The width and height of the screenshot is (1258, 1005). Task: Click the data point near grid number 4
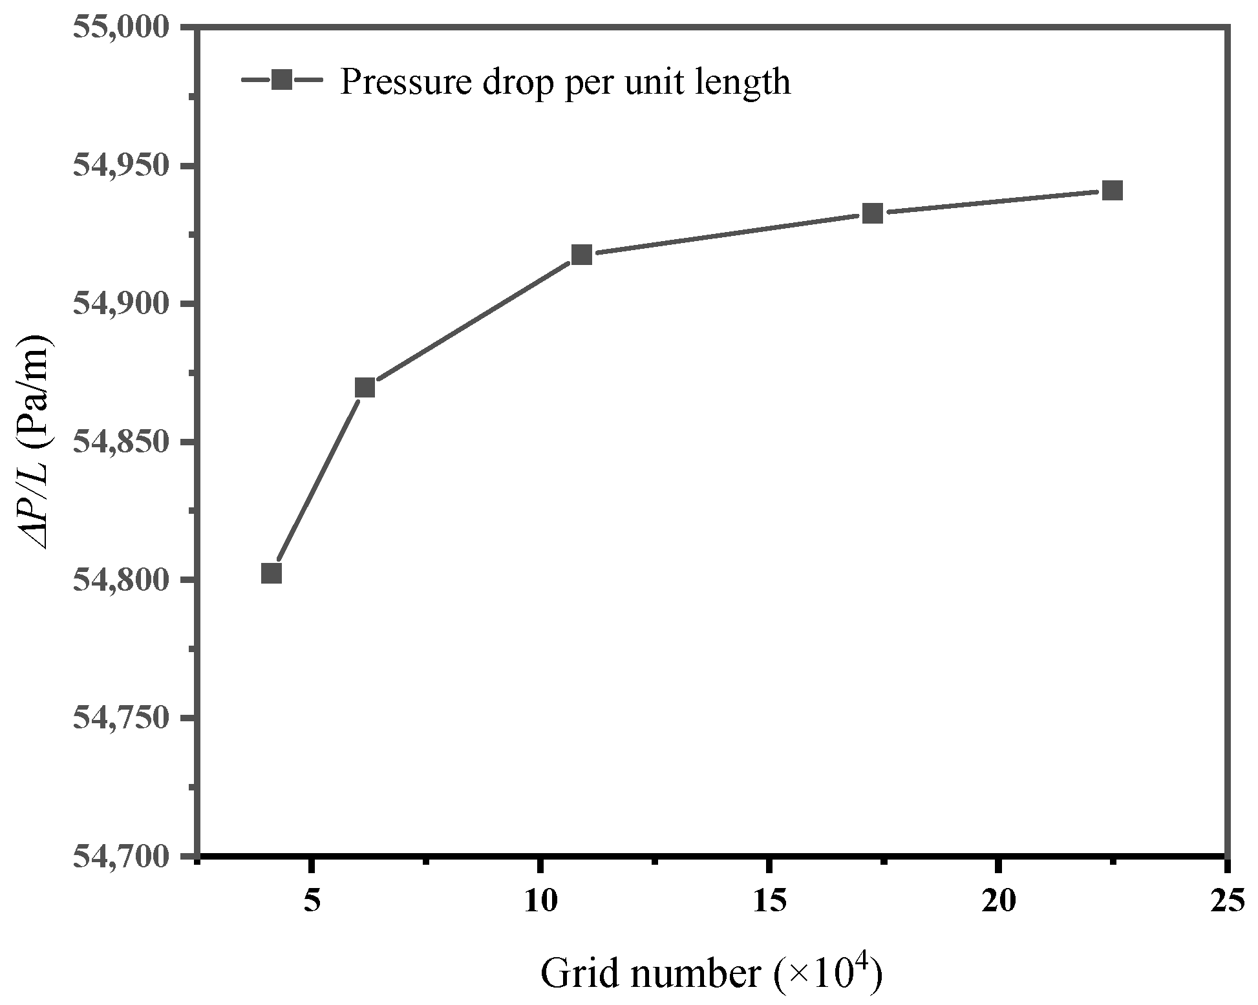(x=272, y=573)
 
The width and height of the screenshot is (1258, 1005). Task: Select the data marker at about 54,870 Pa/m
(x=365, y=388)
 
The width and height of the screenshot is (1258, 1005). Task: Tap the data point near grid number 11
(x=582, y=255)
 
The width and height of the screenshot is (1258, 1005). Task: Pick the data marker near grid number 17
(x=873, y=213)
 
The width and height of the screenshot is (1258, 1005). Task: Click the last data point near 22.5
(x=1112, y=191)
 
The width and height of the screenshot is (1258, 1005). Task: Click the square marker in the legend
(x=281, y=81)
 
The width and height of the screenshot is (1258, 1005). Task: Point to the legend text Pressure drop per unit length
(x=565, y=82)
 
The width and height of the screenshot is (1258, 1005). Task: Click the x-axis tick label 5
(x=312, y=900)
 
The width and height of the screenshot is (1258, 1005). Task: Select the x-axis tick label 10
(x=540, y=900)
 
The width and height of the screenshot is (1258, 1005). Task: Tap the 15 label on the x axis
(x=769, y=900)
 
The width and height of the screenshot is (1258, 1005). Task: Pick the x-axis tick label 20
(x=998, y=900)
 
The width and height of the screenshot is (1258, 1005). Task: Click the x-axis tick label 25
(x=1226, y=900)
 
